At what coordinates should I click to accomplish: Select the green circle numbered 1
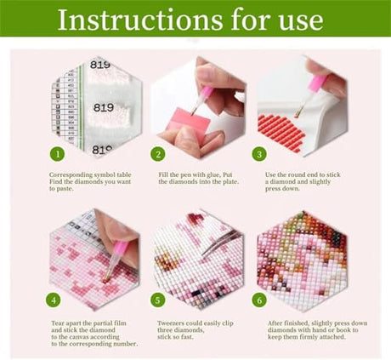pyautogui.click(x=58, y=154)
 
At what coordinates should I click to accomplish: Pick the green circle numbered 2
pyautogui.click(x=158, y=154)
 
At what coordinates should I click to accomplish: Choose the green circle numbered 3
pyautogui.click(x=259, y=154)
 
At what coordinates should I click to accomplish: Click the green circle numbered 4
pyautogui.click(x=54, y=300)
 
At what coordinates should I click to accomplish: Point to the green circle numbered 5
pyautogui.click(x=158, y=300)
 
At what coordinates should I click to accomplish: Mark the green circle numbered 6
pyautogui.click(x=259, y=300)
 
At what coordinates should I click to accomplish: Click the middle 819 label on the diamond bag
pyautogui.click(x=104, y=107)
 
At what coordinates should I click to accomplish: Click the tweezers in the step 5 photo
pyautogui.click(x=218, y=243)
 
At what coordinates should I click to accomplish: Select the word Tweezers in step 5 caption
pyautogui.click(x=171, y=323)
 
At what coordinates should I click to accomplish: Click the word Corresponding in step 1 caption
pyautogui.click(x=71, y=175)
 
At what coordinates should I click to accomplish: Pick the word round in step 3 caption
pyautogui.click(x=294, y=174)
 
